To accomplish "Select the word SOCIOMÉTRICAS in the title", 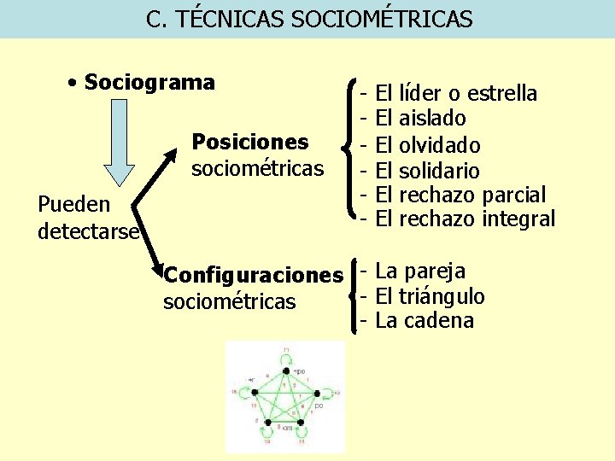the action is (381, 19).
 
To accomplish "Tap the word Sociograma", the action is (150, 83).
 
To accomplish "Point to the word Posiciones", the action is (250, 140).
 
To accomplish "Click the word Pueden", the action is (74, 205).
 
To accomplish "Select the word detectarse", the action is (88, 230).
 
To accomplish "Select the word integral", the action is (518, 219).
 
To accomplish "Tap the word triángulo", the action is (442, 296).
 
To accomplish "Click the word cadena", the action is (437, 321).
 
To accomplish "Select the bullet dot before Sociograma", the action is (75, 83).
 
